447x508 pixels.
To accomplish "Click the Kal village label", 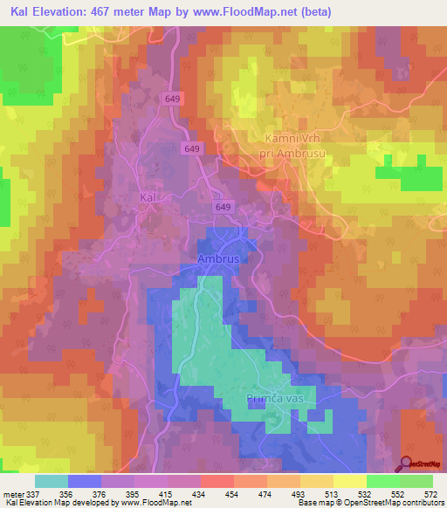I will [148, 198].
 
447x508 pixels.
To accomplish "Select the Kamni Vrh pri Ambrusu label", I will [293, 144].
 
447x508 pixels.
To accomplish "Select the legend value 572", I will [430, 494].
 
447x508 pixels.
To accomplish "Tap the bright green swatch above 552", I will [382, 481].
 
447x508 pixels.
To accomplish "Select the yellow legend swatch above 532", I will [349, 481].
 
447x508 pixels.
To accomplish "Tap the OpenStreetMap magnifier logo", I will [406, 464].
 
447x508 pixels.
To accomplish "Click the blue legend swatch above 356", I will [85, 481].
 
